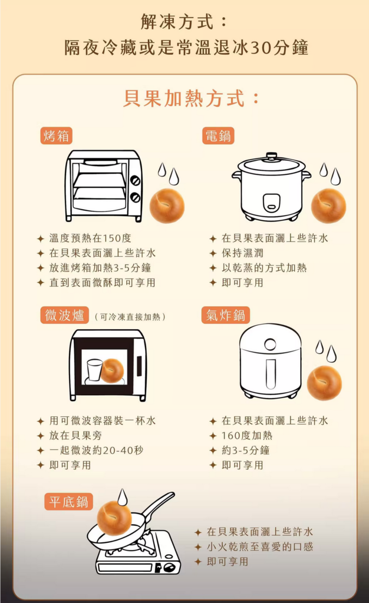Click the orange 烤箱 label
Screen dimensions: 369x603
pos(56,136)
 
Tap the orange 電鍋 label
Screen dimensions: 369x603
pos(218,136)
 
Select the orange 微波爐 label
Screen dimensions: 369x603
pos(65,315)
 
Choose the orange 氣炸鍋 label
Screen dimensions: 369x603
pos(226,315)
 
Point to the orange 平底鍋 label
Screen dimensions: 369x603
pos(68,502)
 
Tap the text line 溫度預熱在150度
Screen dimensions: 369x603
pos(90,238)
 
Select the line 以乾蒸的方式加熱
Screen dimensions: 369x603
pos(264,268)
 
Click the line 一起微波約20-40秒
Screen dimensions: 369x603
pos(96,450)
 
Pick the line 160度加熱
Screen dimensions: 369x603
pos(246,435)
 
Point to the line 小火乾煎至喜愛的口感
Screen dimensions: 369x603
pos(260,546)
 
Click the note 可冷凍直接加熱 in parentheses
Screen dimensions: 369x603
pos(130,316)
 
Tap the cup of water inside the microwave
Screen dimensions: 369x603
pos(95,370)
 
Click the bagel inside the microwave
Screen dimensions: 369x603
pos(112,371)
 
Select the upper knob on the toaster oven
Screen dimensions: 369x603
pos(135,180)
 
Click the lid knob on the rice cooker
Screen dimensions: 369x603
pos(272,155)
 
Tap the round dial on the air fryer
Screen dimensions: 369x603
pos(270,344)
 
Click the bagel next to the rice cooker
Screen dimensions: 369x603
pos(328,206)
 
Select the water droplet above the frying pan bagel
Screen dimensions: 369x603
pos(123,497)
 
